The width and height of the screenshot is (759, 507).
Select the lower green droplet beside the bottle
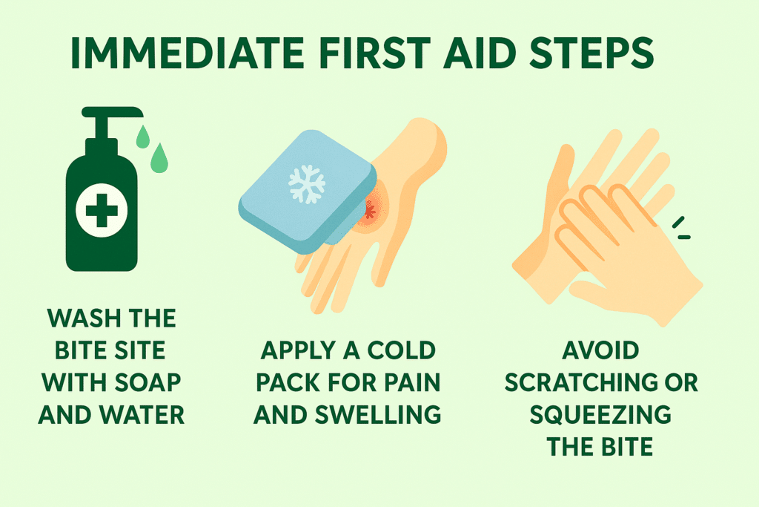point(158,158)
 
